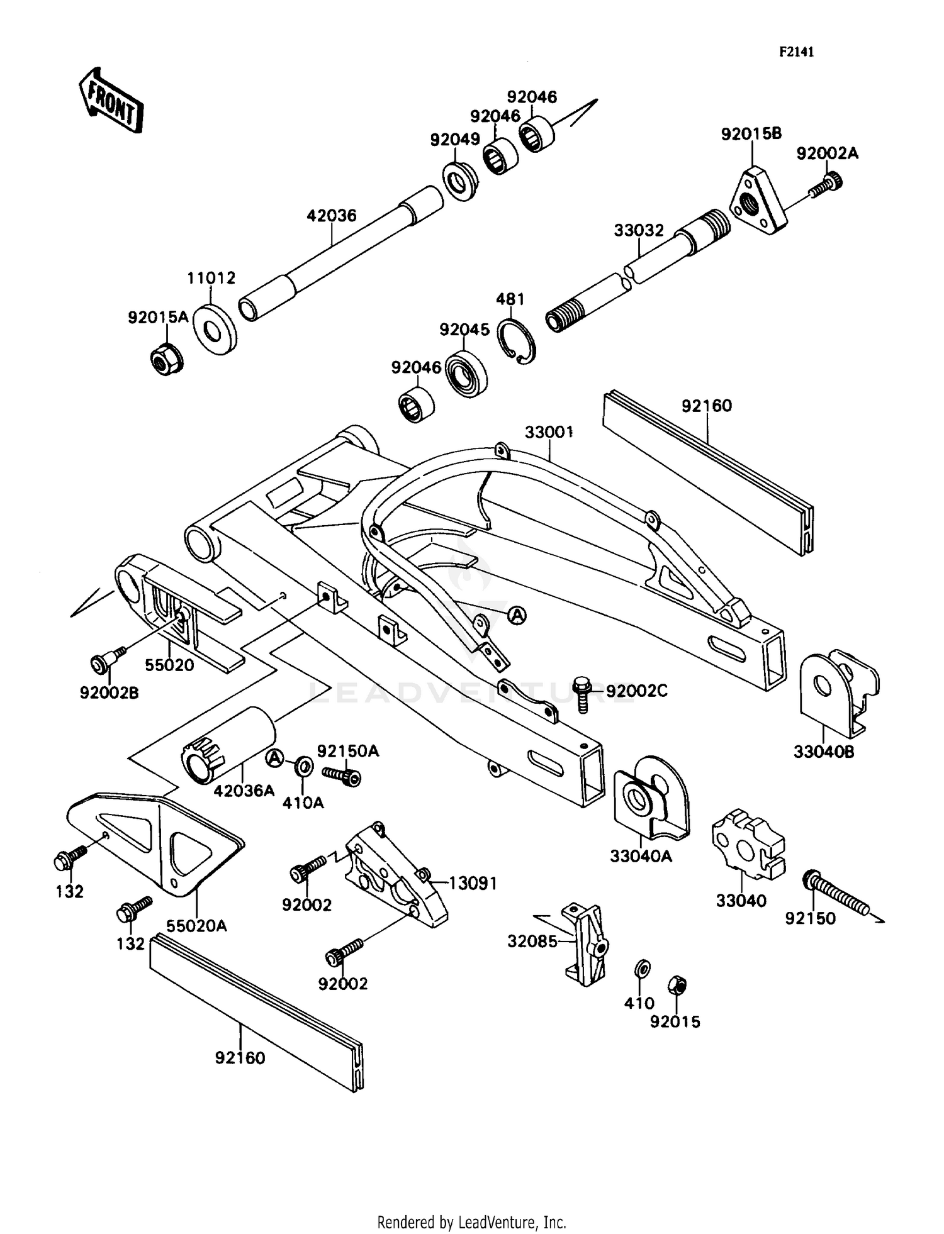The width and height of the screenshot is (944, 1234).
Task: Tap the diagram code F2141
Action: coord(796,52)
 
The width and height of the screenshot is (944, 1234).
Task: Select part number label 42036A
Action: coord(244,791)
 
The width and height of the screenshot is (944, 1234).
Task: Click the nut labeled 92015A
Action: coord(167,359)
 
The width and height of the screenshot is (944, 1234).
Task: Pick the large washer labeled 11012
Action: coord(215,329)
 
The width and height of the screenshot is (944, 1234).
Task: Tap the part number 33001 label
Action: coord(549,432)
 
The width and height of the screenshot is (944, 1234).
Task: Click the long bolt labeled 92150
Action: coord(837,892)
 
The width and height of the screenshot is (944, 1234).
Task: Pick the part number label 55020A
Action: coord(196,926)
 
